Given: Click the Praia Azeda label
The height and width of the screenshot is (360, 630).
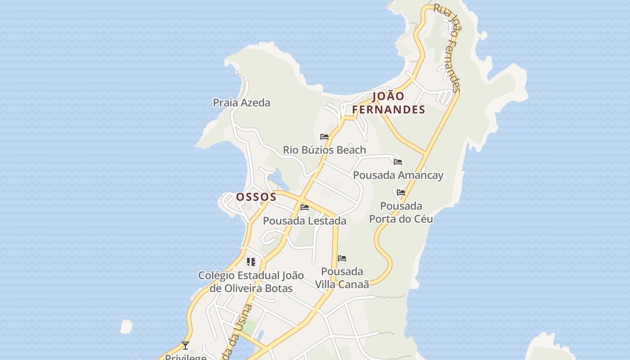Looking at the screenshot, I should (242, 103).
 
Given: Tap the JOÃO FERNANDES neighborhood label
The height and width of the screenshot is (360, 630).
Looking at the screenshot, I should (388, 103).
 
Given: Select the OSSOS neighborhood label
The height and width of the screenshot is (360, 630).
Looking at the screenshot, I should (256, 197).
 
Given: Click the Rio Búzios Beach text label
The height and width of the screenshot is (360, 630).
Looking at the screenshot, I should (324, 150).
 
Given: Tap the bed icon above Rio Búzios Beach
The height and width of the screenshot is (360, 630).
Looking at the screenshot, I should (324, 137).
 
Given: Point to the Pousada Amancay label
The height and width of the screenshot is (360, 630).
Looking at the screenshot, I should (398, 175).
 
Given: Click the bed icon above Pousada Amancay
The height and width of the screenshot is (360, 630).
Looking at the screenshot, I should (398, 162).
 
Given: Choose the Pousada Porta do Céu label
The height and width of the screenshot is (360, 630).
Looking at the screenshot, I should (401, 212).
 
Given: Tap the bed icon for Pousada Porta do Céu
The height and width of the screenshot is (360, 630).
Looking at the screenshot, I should (401, 193).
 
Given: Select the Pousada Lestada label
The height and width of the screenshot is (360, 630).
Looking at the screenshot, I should (305, 221).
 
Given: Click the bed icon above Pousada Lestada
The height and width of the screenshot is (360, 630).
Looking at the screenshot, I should (305, 207).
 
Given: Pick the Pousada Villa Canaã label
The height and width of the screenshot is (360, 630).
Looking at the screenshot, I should (342, 278).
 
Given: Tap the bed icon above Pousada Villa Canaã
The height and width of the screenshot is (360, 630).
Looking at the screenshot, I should (342, 258).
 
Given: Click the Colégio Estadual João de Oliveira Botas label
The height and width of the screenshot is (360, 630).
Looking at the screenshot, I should (251, 282).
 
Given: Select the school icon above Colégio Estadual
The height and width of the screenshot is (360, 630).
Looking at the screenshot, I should (251, 261).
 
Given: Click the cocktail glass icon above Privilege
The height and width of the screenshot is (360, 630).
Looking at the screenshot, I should (185, 346).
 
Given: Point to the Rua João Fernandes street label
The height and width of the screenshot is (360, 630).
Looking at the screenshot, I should (447, 48).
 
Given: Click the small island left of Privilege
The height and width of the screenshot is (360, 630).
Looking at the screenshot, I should (126, 327).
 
